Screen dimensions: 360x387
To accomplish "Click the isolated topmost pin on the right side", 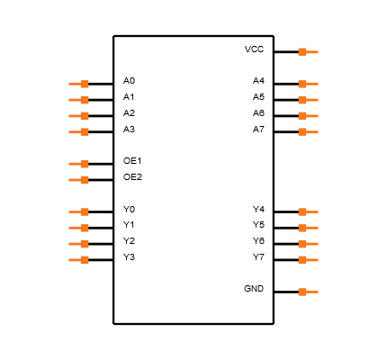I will (x=308, y=52).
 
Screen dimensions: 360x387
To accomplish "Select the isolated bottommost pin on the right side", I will (x=308, y=292).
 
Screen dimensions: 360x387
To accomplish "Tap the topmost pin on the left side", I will (x=79, y=84).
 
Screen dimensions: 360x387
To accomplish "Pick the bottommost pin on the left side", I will (x=79, y=260).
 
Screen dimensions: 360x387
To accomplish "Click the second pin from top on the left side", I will (x=79, y=100).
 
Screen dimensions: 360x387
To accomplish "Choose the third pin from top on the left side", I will (x=79, y=116).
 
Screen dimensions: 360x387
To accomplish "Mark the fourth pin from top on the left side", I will (x=79, y=132).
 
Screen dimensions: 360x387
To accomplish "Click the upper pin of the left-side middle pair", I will (x=79, y=164).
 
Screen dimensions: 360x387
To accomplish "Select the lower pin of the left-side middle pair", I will (x=79, y=180).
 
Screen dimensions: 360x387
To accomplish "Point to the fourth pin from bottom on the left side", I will (x=79, y=212).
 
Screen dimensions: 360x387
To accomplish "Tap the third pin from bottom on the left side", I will (x=79, y=228).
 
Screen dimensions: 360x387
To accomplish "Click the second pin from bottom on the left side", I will (x=79, y=244).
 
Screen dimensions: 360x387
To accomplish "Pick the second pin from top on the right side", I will (x=308, y=84).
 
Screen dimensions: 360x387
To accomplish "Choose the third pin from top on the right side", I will (x=308, y=100).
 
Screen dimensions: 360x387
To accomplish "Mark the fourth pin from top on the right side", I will (x=308, y=116).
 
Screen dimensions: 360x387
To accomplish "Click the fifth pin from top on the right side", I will (x=308, y=132).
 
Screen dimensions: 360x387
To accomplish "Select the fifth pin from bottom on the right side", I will (x=308, y=212).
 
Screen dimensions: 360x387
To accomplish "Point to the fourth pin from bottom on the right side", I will (x=308, y=228).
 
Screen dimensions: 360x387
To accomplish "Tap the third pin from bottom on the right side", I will (x=308, y=244).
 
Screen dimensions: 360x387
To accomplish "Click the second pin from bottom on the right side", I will (x=308, y=260).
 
